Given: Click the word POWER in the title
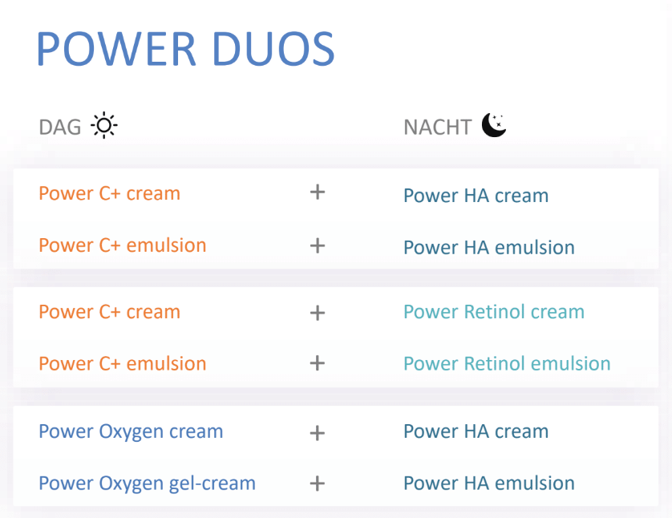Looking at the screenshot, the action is tap(116, 48).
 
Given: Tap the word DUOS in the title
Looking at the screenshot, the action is tap(273, 48).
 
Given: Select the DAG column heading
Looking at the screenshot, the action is tap(60, 127).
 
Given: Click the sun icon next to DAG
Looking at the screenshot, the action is tap(104, 125).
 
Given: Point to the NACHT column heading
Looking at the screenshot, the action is tap(438, 127).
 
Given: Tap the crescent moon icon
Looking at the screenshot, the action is tap(494, 125).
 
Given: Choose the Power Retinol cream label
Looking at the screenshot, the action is tap(494, 311).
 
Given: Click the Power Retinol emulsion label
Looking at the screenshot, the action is tap(507, 363).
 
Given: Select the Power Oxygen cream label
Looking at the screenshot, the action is tap(131, 432).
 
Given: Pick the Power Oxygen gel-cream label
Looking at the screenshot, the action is tap(147, 484).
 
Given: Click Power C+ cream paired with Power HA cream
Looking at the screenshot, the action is tap(109, 193).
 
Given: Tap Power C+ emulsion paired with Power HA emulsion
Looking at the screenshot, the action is tap(123, 245).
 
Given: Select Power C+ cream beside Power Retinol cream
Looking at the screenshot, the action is tap(109, 311).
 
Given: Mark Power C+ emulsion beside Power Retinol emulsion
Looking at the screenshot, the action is tap(123, 363).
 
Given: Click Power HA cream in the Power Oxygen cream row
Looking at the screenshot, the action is tap(476, 431).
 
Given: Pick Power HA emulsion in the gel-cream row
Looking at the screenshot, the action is tap(489, 483).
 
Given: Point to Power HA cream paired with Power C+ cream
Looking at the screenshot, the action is tap(476, 196).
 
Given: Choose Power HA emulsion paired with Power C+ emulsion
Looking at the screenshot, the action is tap(489, 247).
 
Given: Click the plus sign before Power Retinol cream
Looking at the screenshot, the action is tap(317, 313).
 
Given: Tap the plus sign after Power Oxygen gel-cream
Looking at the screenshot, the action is tap(317, 484).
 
